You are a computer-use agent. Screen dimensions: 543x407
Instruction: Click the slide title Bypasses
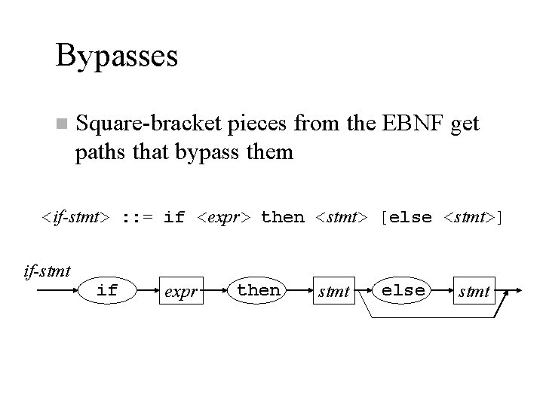click(116, 56)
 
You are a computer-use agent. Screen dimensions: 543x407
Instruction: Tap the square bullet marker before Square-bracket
click(61, 124)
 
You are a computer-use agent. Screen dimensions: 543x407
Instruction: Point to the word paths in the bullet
click(100, 152)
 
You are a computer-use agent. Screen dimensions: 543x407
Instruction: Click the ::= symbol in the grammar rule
click(137, 218)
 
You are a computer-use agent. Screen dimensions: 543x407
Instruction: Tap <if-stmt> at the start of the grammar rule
click(76, 218)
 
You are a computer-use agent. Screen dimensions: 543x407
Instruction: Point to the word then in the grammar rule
click(283, 218)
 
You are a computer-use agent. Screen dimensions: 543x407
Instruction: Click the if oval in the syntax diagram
click(108, 290)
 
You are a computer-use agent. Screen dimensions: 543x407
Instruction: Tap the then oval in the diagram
click(258, 290)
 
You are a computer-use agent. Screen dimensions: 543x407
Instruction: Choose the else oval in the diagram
click(403, 290)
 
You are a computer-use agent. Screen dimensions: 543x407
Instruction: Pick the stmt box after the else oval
click(474, 291)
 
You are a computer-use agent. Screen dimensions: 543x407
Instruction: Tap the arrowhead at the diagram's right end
click(521, 290)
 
